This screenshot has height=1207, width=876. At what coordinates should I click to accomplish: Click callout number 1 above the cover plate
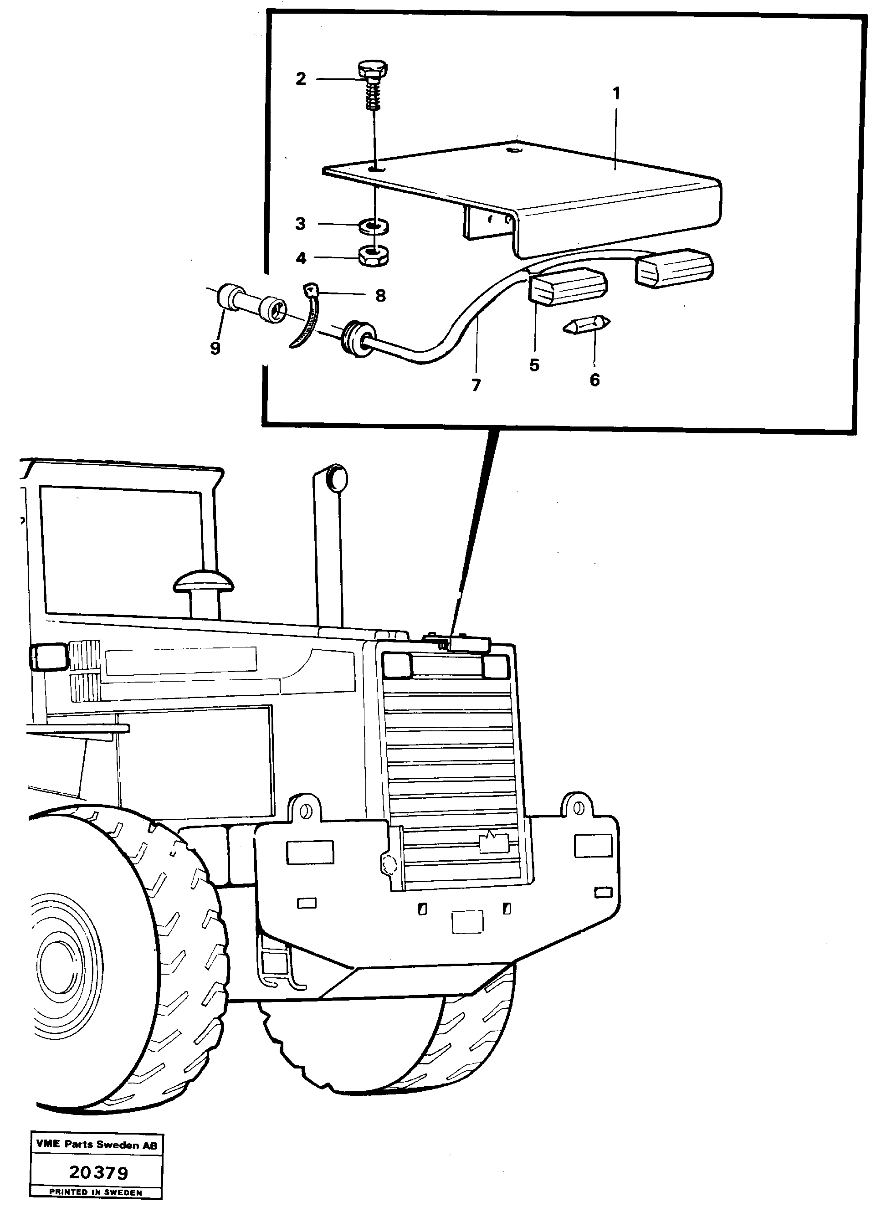tap(616, 94)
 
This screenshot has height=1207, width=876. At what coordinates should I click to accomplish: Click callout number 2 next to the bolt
tap(301, 79)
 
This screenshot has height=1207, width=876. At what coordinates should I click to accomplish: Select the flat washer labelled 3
tap(374, 226)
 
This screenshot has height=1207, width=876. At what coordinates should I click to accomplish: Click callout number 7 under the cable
tap(476, 385)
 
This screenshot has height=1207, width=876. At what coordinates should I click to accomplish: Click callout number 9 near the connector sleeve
tap(215, 349)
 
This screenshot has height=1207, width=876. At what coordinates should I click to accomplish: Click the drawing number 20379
tap(98, 1172)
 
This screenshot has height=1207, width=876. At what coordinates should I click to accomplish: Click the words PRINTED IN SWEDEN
tap(96, 1192)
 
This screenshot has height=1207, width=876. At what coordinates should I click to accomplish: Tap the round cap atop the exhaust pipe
tap(336, 478)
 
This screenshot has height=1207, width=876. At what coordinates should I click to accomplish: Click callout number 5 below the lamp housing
tap(534, 365)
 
